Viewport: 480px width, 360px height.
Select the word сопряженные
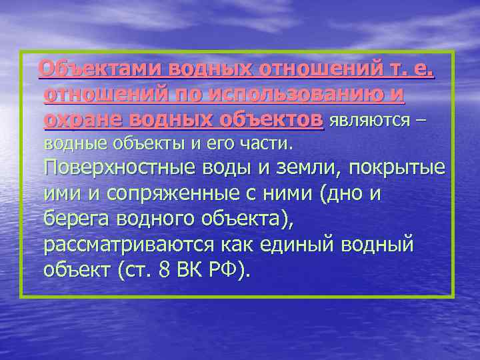160,195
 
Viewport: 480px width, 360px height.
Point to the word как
237,244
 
